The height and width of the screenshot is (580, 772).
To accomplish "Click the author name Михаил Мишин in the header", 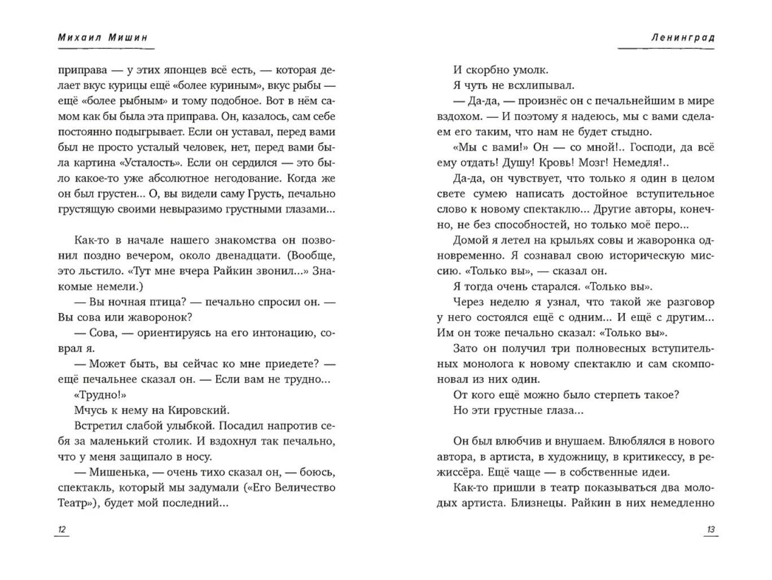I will pos(103,38).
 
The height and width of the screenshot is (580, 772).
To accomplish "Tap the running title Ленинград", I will pos(682,38).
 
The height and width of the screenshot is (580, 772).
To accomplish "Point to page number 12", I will pos(62,530).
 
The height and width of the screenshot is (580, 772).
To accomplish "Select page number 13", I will pos(710,530).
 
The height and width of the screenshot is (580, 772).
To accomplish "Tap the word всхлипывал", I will pos(527,86).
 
